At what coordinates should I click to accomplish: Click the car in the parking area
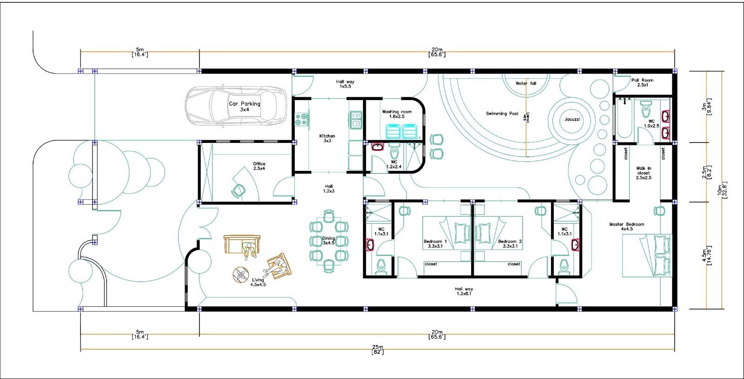click(235, 107)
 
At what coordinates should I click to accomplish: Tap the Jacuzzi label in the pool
click(572, 119)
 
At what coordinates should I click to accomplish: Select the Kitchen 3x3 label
click(327, 138)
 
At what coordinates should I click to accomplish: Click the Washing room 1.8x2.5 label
click(397, 114)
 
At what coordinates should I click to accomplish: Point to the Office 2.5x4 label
click(259, 166)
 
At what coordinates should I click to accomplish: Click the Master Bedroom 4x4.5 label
click(626, 226)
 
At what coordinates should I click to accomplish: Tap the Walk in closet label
click(644, 173)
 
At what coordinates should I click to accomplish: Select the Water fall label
click(525, 83)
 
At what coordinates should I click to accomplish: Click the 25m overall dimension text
click(377, 349)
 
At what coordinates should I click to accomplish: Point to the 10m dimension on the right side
click(722, 190)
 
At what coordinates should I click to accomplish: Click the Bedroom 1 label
click(435, 244)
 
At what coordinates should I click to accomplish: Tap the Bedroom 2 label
click(510, 244)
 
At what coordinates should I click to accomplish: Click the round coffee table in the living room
click(241, 274)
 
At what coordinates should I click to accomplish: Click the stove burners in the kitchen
click(301, 119)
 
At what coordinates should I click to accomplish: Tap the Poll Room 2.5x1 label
click(642, 82)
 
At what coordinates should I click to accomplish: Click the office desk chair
click(239, 190)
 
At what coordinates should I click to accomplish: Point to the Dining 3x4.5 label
click(328, 240)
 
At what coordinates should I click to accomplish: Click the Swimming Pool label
click(502, 114)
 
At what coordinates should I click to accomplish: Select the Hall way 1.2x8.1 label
click(464, 291)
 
